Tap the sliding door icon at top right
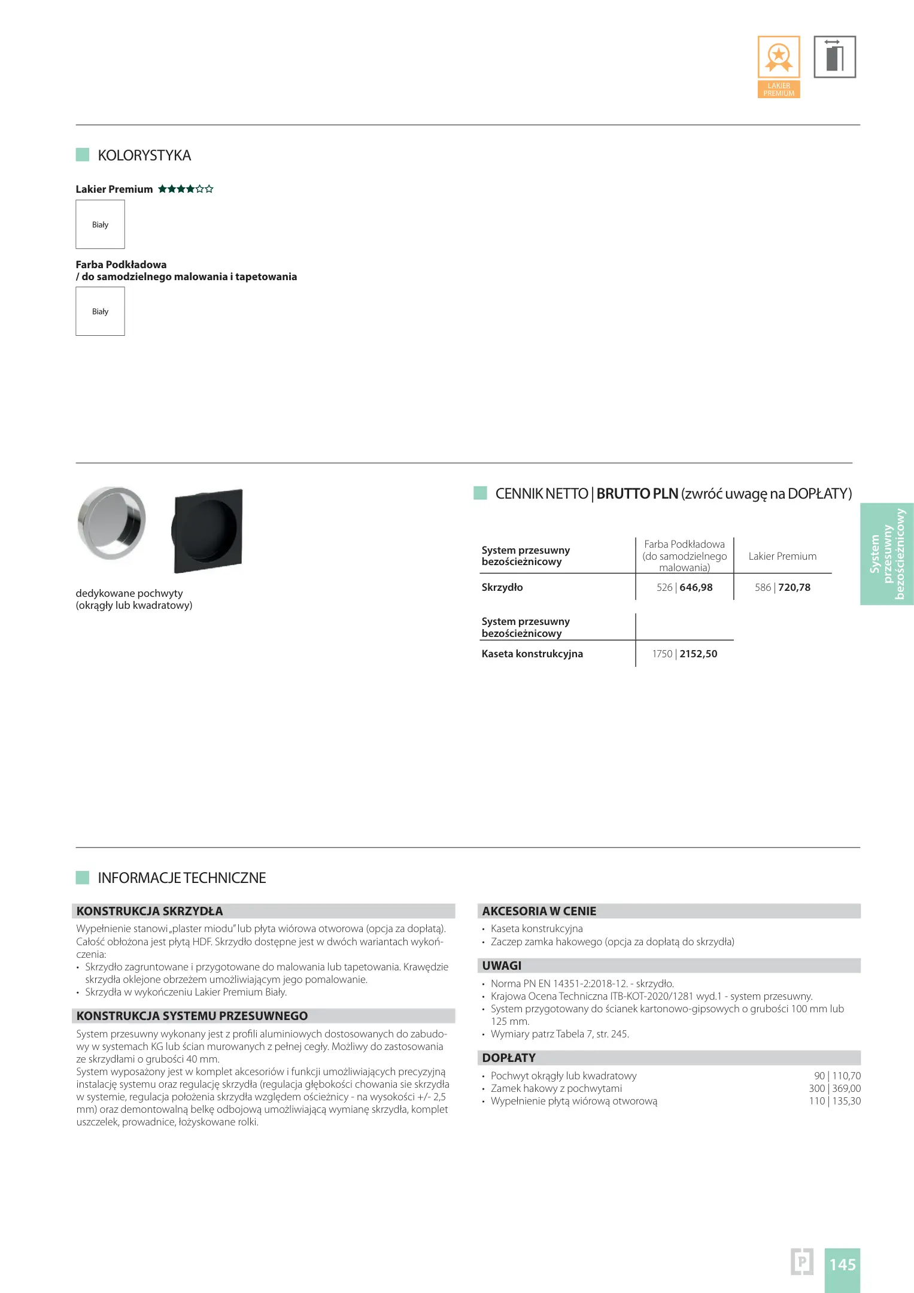(834, 57)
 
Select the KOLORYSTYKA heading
(144, 156)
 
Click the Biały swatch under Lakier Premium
(100, 224)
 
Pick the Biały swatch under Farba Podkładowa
(100, 311)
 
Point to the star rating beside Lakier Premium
(186, 189)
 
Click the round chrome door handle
(111, 523)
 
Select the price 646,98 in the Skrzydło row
(696, 587)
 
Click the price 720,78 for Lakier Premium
(794, 587)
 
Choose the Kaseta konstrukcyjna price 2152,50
(698, 654)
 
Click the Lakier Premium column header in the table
(782, 556)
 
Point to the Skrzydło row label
(502, 587)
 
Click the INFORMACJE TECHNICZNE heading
(182, 878)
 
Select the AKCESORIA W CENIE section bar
(669, 911)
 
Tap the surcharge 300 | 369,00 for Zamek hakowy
(834, 1088)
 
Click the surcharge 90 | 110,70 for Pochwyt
(837, 1076)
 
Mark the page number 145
(842, 1265)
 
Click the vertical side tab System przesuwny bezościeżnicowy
(887, 554)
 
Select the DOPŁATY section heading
(509, 1058)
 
